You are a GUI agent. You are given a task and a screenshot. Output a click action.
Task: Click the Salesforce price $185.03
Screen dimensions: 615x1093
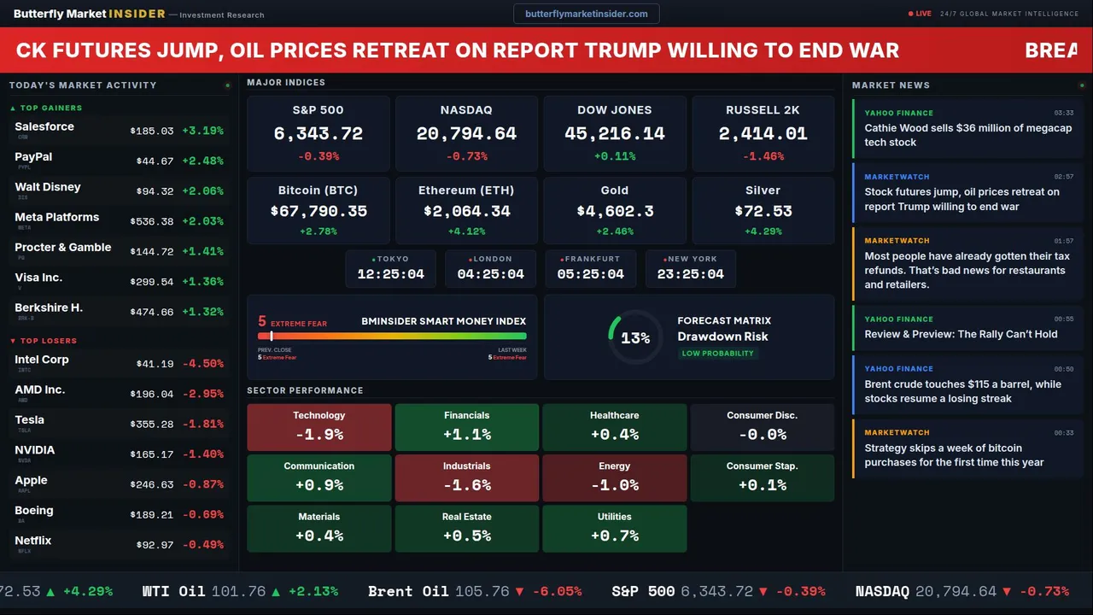click(x=152, y=131)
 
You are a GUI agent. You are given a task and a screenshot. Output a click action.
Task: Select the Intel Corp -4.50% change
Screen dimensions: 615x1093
click(x=204, y=364)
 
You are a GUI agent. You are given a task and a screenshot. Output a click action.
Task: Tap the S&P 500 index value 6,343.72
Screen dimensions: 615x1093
click(x=318, y=134)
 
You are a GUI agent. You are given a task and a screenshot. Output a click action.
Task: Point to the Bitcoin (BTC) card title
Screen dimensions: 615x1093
click(x=318, y=190)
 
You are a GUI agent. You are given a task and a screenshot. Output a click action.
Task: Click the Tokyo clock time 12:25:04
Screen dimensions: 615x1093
click(x=390, y=274)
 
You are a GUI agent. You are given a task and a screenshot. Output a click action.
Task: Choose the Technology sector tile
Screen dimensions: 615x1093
click(x=319, y=427)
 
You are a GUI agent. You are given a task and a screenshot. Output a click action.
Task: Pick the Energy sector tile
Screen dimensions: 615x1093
click(x=614, y=477)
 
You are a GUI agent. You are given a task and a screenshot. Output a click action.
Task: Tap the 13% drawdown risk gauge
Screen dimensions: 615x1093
click(x=634, y=337)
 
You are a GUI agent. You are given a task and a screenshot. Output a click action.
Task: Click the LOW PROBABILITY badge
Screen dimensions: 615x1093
click(x=717, y=354)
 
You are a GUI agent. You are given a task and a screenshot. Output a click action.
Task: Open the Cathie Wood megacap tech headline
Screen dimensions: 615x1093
click(x=967, y=135)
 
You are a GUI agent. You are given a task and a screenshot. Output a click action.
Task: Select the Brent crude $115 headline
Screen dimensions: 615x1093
click(x=962, y=391)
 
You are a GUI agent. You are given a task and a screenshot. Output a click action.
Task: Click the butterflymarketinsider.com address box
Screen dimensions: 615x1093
click(x=586, y=14)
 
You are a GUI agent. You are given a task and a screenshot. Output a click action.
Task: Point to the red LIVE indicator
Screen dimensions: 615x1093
click(x=921, y=14)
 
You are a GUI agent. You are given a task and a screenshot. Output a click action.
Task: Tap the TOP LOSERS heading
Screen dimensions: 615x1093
click(x=48, y=341)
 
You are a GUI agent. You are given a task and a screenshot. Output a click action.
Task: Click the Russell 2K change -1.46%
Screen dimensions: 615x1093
click(x=763, y=156)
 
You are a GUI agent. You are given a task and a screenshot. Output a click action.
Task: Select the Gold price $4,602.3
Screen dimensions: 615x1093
click(x=614, y=211)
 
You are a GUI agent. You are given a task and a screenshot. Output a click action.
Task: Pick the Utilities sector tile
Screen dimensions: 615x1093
click(x=614, y=529)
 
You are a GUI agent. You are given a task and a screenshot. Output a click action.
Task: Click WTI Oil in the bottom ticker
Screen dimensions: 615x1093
click(x=173, y=591)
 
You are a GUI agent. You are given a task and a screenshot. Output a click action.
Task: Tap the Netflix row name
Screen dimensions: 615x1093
click(x=33, y=541)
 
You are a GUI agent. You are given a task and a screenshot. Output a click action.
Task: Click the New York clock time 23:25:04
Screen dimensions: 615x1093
click(x=690, y=274)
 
